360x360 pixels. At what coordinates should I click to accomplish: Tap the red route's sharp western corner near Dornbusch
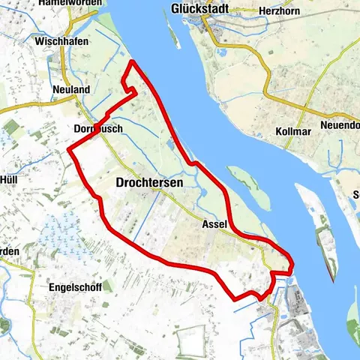70,149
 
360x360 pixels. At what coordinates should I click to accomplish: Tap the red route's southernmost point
236,299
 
